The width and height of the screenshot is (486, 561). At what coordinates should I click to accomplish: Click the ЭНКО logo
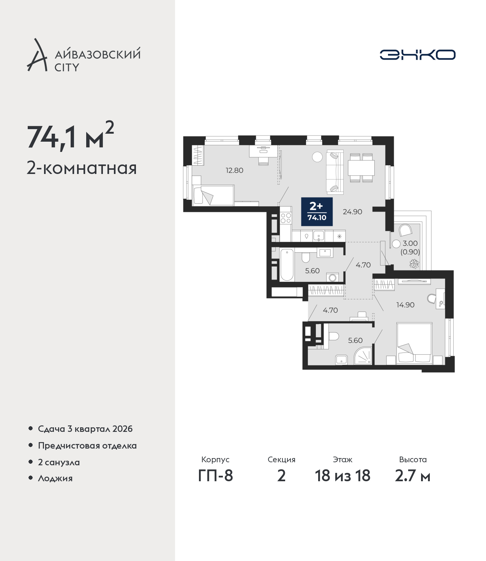[417, 55]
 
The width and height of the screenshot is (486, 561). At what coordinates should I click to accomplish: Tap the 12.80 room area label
[234, 171]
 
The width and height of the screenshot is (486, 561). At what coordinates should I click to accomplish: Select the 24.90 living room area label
[352, 212]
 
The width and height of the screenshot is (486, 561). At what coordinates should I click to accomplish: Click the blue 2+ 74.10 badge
[317, 212]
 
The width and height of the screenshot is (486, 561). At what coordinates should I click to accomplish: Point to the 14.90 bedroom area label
[405, 305]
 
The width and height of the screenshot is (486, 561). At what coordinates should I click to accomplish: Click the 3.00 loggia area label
[410, 243]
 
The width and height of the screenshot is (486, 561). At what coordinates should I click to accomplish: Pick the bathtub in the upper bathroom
[287, 265]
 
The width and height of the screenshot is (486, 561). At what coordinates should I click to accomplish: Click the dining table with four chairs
[361, 168]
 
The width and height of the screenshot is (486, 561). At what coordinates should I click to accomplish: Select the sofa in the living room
[335, 172]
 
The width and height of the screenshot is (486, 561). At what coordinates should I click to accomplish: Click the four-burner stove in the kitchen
[286, 218]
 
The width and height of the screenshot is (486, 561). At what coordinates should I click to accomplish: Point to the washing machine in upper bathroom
[332, 277]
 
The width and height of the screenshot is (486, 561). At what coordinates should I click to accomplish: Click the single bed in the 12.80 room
[213, 195]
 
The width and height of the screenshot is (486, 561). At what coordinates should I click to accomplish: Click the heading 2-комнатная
[82, 168]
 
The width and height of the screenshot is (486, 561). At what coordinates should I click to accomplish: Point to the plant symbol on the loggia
[414, 264]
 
